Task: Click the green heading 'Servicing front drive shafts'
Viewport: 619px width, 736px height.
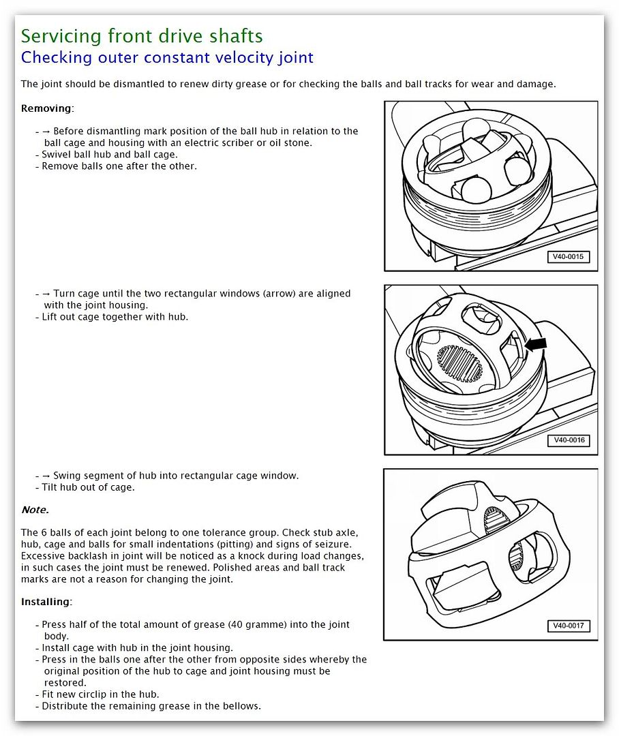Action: pyautogui.click(x=142, y=36)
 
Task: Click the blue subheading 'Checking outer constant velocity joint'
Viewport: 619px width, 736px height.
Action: pyautogui.click(x=167, y=58)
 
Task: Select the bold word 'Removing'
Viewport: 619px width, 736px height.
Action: pyautogui.click(x=46, y=108)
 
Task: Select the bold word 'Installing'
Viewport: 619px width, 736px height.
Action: pyautogui.click(x=46, y=602)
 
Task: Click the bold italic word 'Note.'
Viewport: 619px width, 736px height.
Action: pyautogui.click(x=35, y=510)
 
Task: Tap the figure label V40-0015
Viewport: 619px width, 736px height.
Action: pyautogui.click(x=568, y=257)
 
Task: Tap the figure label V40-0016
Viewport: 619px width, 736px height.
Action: pyautogui.click(x=568, y=440)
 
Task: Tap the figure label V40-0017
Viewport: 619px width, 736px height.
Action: pyautogui.click(x=568, y=626)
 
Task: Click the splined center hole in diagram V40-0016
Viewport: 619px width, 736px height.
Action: pyautogui.click(x=459, y=363)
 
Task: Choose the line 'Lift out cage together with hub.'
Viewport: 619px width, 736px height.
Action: pyautogui.click(x=115, y=317)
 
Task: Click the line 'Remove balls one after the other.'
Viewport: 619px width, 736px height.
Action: pyautogui.click(x=119, y=166)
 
